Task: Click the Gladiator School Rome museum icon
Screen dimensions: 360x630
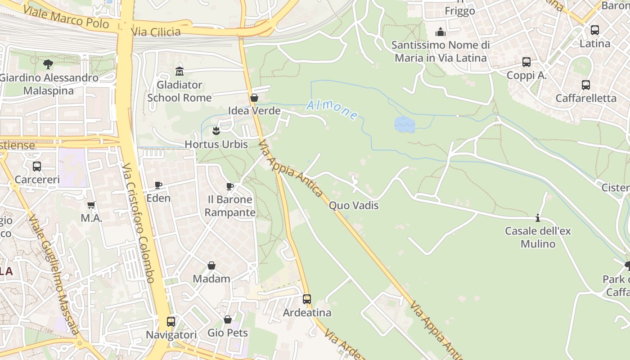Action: [x=180, y=71]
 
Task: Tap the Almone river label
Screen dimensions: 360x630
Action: [x=332, y=110]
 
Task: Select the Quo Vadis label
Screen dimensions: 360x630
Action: [x=354, y=206]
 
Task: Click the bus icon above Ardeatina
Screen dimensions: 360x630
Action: [x=307, y=299]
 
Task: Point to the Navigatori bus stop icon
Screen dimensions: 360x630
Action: [x=171, y=321]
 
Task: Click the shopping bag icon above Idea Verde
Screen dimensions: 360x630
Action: [x=254, y=98]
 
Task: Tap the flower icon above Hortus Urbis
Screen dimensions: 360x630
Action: [x=216, y=131]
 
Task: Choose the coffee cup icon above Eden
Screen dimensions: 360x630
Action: [x=158, y=185]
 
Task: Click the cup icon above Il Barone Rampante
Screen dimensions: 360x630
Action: [x=230, y=186]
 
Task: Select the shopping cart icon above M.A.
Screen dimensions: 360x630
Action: [x=91, y=205]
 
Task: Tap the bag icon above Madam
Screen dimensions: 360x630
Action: [x=211, y=265]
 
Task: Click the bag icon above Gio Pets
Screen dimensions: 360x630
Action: [x=228, y=319]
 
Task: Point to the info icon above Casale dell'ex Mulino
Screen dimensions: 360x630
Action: [x=538, y=218]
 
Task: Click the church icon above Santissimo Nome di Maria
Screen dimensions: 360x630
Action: [x=440, y=32]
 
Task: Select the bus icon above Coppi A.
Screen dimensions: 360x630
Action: [x=526, y=62]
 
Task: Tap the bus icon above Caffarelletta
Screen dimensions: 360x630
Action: [x=586, y=85]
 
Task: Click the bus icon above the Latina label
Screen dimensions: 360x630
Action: [x=595, y=30]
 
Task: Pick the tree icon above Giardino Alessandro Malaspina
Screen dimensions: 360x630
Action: [x=48, y=64]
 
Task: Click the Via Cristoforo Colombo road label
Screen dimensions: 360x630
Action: [x=139, y=223]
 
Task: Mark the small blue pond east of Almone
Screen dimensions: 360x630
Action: [x=405, y=124]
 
